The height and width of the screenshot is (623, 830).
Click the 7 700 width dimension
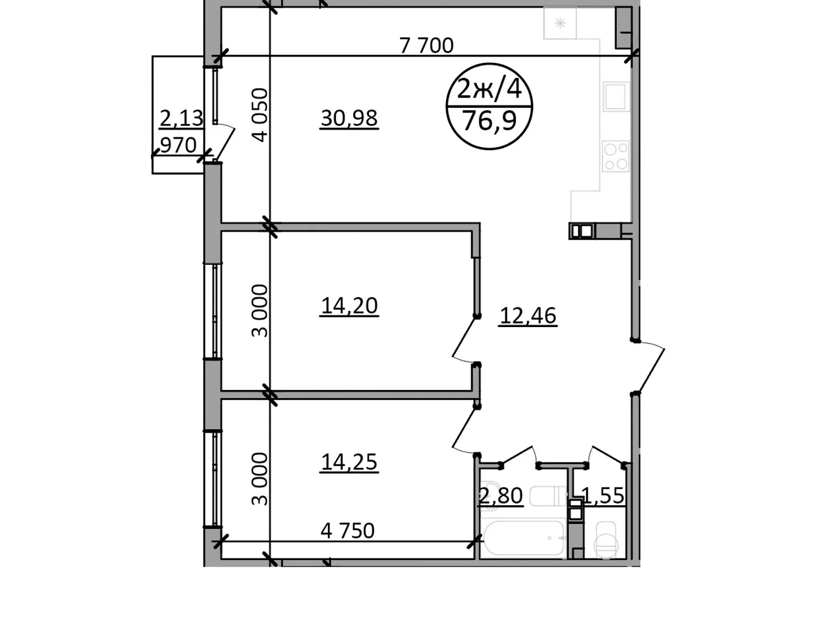tap(426, 46)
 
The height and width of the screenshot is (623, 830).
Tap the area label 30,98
tap(349, 118)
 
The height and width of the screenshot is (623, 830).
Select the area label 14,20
tap(349, 306)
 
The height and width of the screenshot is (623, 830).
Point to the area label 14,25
tap(349, 462)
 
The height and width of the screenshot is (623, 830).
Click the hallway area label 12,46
tap(528, 316)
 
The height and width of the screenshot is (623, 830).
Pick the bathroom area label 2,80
tap(501, 496)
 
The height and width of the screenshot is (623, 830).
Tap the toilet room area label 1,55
tap(603, 496)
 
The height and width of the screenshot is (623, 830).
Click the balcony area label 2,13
tap(181, 118)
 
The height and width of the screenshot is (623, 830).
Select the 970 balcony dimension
tap(178, 145)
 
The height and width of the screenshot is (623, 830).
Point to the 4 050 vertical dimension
tap(260, 115)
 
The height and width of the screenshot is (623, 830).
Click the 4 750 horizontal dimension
tap(348, 531)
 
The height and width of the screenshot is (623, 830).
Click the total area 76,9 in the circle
tap(489, 121)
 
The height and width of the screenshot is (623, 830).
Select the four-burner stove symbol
tap(616, 156)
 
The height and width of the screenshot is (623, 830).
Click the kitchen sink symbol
tap(616, 97)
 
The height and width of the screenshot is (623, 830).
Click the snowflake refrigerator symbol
tap(560, 23)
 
